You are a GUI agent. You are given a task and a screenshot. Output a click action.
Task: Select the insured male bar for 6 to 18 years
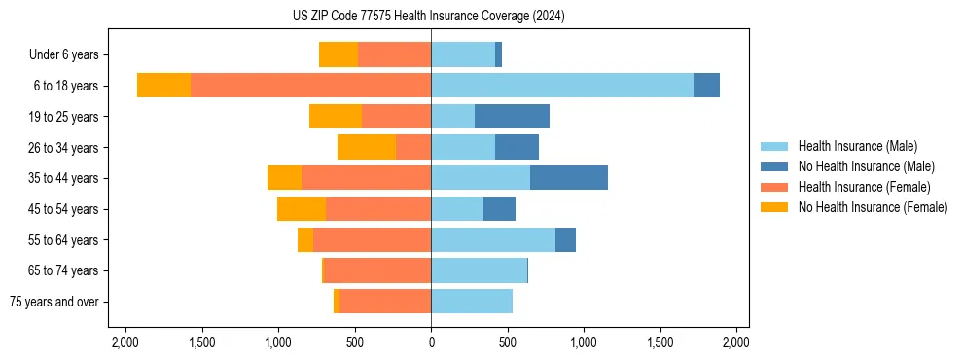click(562, 86)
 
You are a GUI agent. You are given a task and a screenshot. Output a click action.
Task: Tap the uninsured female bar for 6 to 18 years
click(163, 86)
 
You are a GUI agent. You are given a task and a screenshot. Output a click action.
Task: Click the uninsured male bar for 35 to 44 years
click(569, 178)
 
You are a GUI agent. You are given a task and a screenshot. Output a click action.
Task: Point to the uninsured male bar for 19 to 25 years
click(512, 117)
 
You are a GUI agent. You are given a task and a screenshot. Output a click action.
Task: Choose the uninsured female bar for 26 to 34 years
click(367, 147)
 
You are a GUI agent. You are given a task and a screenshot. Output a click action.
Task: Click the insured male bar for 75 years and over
click(472, 302)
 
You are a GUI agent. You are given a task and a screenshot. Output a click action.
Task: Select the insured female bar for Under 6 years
click(394, 54)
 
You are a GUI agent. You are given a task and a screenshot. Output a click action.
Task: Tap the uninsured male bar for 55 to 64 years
click(565, 239)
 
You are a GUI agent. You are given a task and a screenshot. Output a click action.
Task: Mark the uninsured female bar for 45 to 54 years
click(302, 209)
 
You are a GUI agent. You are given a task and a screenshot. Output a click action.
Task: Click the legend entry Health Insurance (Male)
click(857, 146)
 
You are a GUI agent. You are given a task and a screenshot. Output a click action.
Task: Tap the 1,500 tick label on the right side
click(660, 342)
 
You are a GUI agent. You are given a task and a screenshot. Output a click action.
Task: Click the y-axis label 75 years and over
click(53, 302)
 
